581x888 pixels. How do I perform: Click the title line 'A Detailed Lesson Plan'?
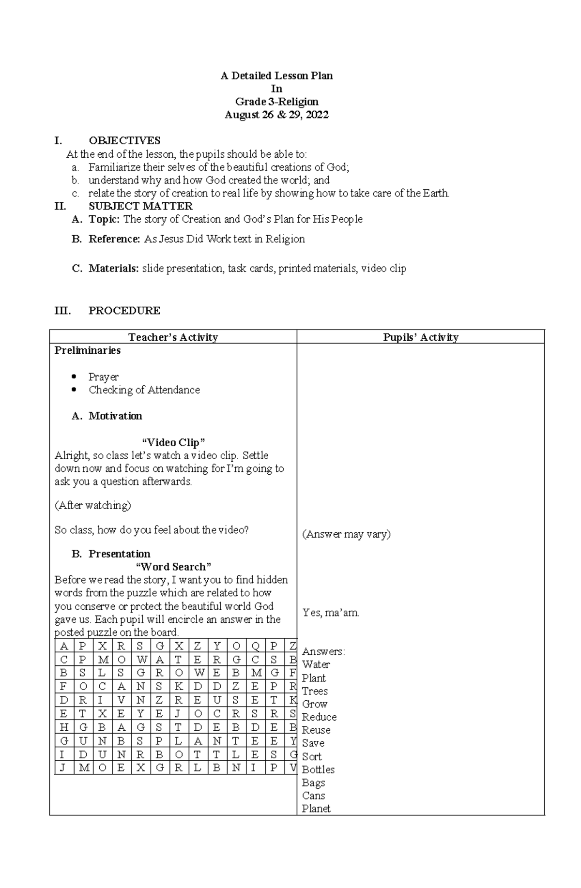[x=276, y=75]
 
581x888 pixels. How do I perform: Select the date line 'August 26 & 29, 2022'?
[x=276, y=115]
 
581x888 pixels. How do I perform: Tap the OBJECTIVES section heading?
[x=124, y=140]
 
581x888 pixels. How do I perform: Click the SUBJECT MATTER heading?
[x=140, y=206]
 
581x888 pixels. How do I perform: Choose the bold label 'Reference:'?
[x=114, y=239]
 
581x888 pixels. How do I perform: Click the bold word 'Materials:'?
[x=114, y=268]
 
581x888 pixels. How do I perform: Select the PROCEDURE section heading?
[x=124, y=311]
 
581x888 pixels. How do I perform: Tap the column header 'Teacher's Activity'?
[x=173, y=337]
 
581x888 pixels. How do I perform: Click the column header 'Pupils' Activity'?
[x=420, y=337]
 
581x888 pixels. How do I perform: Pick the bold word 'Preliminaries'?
[x=88, y=350]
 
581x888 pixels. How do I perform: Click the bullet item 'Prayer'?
[x=104, y=376]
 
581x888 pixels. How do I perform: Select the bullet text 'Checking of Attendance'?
[x=144, y=390]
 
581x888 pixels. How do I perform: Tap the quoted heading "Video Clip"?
[x=173, y=442]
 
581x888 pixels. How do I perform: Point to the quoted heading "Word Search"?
[x=173, y=567]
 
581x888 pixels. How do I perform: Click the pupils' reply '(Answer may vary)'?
[x=346, y=534]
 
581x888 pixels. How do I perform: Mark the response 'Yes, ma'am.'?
[x=331, y=613]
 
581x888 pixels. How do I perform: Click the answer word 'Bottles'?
[x=318, y=769]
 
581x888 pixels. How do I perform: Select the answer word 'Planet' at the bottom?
[x=316, y=809]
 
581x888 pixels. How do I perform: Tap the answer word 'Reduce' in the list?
[x=319, y=717]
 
